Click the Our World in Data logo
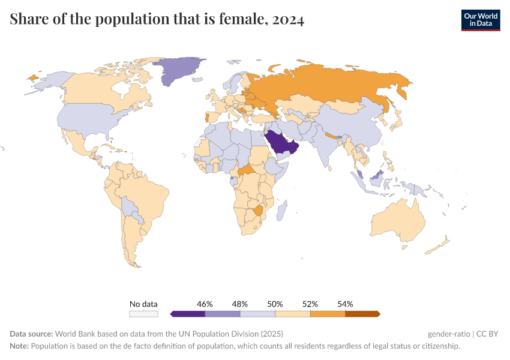click(x=480, y=20)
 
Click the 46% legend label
click(x=205, y=304)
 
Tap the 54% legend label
click(x=345, y=304)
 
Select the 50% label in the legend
click(x=275, y=304)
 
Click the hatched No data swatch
click(x=144, y=313)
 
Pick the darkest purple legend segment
click(x=188, y=313)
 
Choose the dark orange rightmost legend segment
click(x=362, y=313)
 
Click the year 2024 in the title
click(x=288, y=20)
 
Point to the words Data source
click(x=31, y=334)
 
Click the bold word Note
click(x=19, y=346)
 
